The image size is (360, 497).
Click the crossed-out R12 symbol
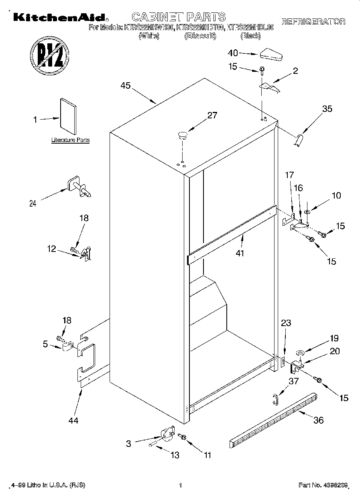(50, 55)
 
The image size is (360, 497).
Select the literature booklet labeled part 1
(69, 116)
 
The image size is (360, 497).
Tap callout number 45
(126, 86)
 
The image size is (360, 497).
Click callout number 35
(327, 108)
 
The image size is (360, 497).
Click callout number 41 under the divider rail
(240, 253)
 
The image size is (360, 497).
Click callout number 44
(73, 420)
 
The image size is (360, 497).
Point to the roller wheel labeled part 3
(167, 434)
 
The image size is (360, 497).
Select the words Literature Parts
(70, 140)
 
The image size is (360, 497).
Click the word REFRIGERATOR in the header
(313, 22)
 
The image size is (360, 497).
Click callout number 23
(286, 323)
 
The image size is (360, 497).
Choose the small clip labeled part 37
(275, 400)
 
